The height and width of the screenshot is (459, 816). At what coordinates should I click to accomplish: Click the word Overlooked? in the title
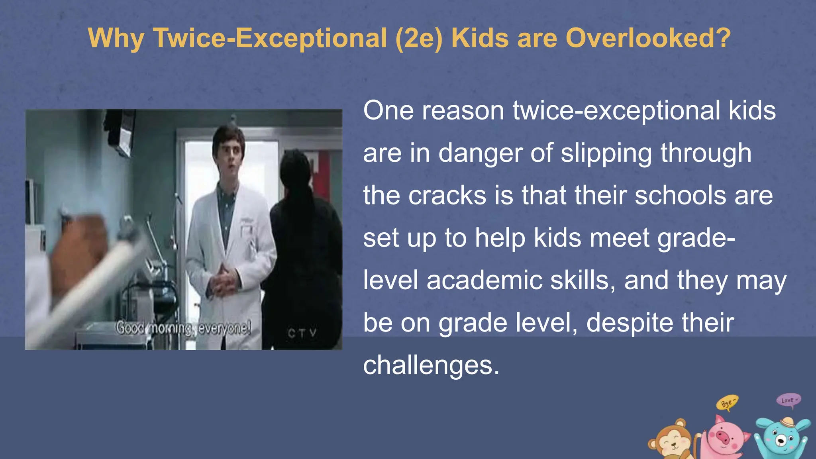pos(648,38)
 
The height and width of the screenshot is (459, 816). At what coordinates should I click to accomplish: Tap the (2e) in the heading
pos(419,38)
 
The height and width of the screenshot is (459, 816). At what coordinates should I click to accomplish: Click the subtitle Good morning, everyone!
pos(183,328)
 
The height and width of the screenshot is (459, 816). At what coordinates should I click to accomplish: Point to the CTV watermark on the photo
pos(302,333)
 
